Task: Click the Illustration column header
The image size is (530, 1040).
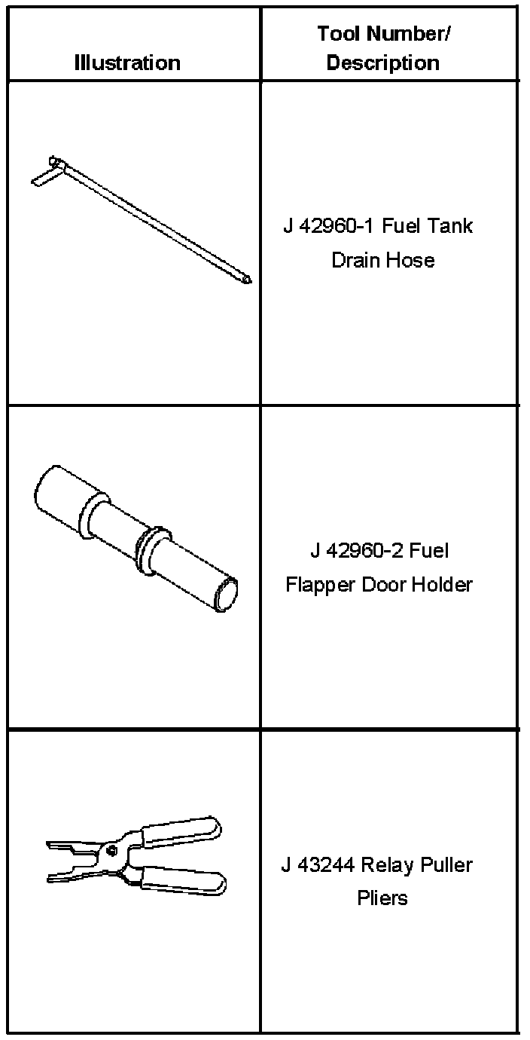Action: (x=127, y=63)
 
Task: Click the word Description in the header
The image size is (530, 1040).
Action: (x=382, y=63)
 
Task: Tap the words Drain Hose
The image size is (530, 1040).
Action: (x=382, y=261)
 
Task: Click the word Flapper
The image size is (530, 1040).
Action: (x=313, y=585)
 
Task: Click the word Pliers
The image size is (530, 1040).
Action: (x=382, y=898)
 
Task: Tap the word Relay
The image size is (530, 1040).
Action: (x=388, y=864)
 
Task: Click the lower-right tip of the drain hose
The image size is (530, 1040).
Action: (x=247, y=281)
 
